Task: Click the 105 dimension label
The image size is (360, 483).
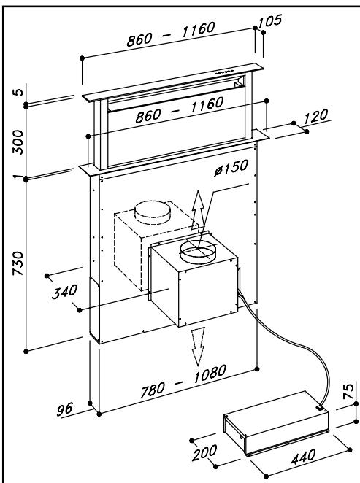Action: pos(270,21)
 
